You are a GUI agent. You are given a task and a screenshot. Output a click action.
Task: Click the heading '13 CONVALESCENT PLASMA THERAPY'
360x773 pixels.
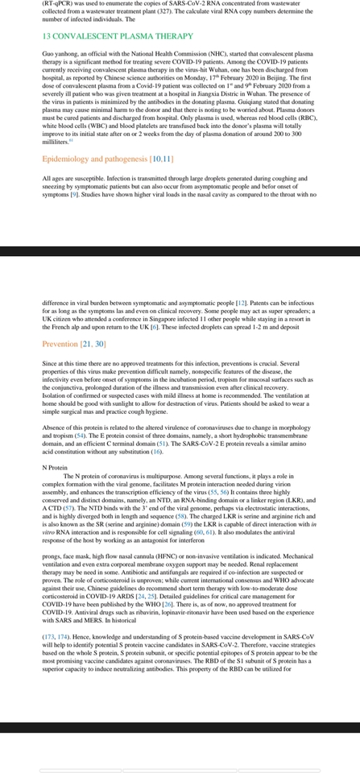(106, 37)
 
